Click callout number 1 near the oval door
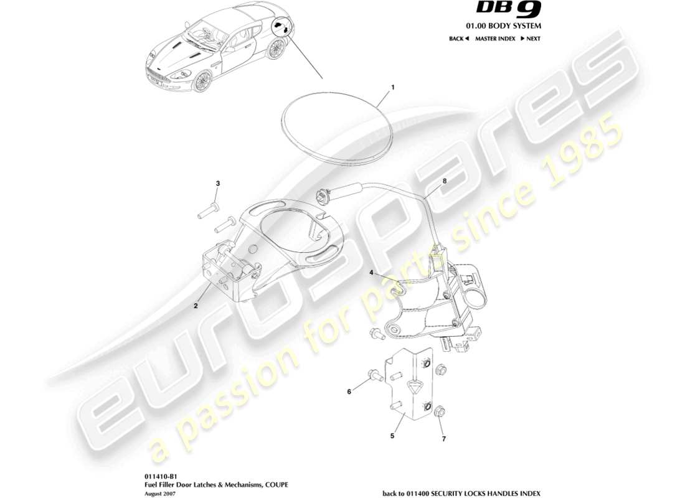pos(392,88)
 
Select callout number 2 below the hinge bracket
pos(196,306)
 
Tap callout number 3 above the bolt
pos(218,183)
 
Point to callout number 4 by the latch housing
pos(371,272)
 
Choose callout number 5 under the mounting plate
pos(392,436)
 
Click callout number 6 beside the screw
pos(349,392)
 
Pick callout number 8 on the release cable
pos(445,181)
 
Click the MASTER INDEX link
pos(495,39)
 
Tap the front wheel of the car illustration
pos(202,82)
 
